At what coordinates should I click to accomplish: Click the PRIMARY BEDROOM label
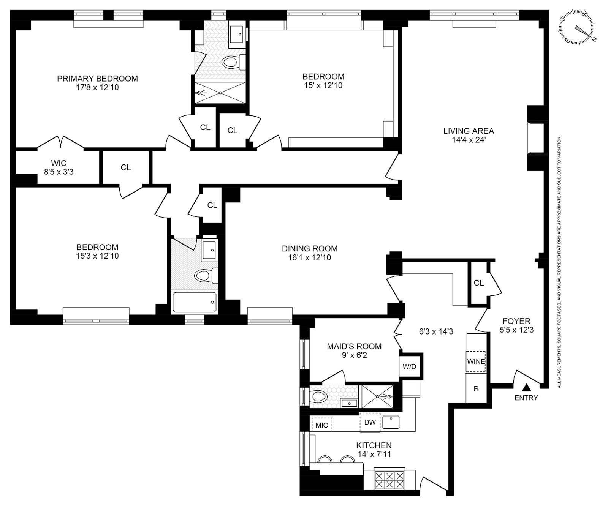point(97,79)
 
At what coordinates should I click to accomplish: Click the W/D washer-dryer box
point(409,367)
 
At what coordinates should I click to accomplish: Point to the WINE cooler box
point(476,361)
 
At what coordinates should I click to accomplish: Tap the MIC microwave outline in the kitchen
point(321,425)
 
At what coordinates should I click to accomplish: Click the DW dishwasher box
point(370,422)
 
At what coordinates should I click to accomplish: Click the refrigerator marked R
point(476,389)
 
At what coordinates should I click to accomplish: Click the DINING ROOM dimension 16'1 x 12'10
point(309,257)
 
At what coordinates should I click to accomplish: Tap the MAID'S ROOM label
point(354,346)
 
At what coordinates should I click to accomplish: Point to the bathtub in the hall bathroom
point(195,302)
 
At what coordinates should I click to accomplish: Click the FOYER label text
point(516,321)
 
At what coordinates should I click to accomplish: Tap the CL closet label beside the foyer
point(479,283)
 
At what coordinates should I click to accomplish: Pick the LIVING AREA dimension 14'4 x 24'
point(468,139)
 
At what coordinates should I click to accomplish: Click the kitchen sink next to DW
point(391,422)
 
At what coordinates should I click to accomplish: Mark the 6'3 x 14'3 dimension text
point(436,331)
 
